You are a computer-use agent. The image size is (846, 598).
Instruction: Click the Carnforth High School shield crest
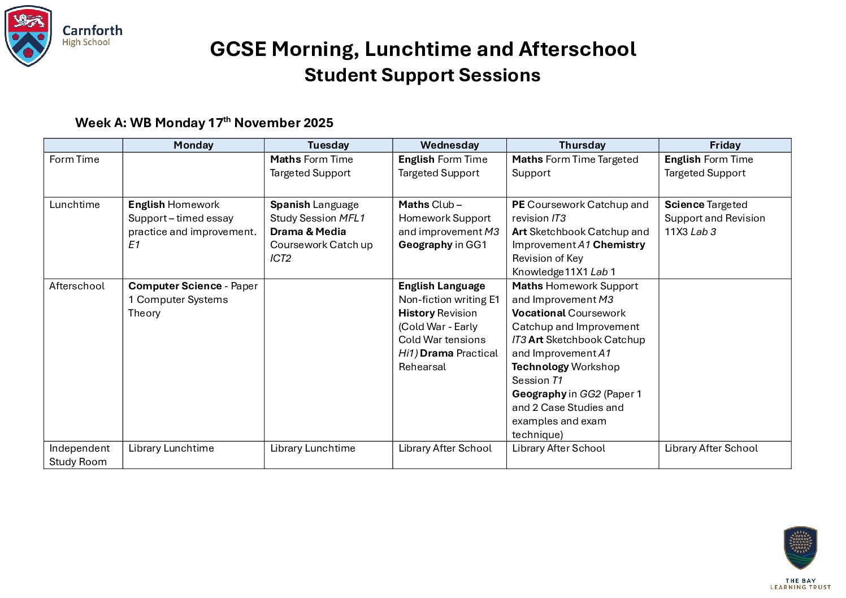pos(28,36)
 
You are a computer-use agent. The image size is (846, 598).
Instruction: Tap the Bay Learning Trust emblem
pos(800,548)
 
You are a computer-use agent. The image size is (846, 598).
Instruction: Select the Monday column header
pos(193,145)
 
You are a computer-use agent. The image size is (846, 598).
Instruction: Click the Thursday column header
pos(582,145)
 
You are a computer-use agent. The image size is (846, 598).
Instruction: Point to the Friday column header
pos(724,145)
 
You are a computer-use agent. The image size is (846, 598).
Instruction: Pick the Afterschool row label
pos(77,286)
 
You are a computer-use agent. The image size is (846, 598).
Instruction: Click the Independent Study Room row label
pos(79,455)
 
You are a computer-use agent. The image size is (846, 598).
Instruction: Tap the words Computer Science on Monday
pos(175,286)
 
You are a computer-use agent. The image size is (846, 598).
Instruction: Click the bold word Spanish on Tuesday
pos(290,205)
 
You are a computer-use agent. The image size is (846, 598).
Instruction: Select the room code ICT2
pos(281,258)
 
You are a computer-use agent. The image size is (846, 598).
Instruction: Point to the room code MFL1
pos(352,218)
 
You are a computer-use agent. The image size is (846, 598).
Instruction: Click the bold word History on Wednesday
pos(417,313)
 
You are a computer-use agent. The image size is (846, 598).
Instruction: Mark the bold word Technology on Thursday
pos(540,367)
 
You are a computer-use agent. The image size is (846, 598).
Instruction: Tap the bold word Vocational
pos(539,313)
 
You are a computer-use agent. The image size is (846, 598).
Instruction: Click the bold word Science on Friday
pos(684,205)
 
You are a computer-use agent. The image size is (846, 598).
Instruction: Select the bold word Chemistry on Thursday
pos(619,245)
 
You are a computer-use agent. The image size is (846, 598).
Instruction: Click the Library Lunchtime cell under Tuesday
pos(313,448)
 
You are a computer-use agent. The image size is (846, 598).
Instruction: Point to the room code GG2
pos(590,394)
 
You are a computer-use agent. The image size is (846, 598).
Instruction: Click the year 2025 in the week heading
pos(318,123)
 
